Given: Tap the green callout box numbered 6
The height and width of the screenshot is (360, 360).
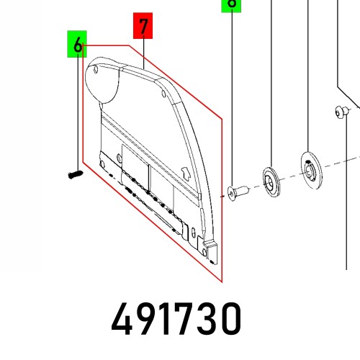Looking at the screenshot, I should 76,45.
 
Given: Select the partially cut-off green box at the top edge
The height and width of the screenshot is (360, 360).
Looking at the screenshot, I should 230,4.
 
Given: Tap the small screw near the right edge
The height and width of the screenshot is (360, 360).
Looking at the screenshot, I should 341,111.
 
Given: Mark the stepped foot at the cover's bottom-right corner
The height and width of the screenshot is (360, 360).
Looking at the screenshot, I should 210,252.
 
